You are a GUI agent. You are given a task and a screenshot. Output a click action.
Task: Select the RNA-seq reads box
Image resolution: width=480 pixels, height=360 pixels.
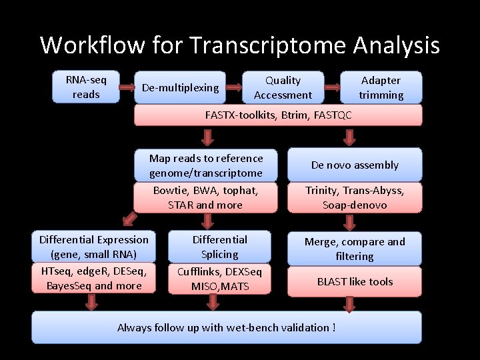click(85, 87)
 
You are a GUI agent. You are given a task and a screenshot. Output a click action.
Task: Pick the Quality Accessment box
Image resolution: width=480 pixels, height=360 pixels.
click(283, 87)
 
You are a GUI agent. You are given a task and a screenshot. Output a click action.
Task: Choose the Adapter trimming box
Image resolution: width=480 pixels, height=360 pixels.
click(381, 87)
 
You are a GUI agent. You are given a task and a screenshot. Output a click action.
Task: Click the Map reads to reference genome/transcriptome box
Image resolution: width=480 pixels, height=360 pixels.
click(205, 165)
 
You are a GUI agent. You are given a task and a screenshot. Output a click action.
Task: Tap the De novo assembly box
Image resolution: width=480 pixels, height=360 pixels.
click(354, 165)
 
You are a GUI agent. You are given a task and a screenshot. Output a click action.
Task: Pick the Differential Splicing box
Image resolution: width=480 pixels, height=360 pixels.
click(219, 247)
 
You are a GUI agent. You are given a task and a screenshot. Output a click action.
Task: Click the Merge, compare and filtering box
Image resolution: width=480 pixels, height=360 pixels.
click(354, 249)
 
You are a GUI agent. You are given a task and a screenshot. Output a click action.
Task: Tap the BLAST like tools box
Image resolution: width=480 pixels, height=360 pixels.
click(354, 281)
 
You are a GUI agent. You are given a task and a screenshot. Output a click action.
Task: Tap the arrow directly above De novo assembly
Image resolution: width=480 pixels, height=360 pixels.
click(349, 137)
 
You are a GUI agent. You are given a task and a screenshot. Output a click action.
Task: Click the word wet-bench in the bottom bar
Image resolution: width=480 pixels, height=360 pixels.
click(260, 327)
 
